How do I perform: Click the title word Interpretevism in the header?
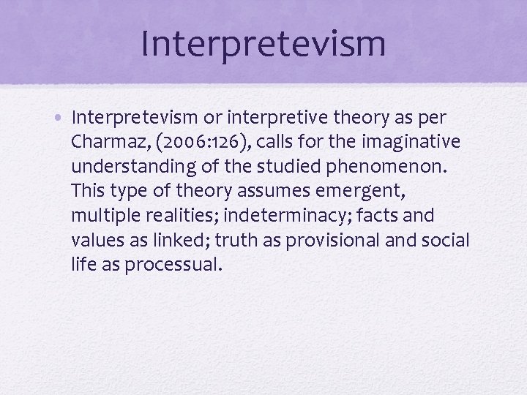(x=263, y=42)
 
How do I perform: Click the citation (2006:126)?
(x=193, y=143)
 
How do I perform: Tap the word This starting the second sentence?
(x=89, y=191)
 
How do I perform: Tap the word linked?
(x=166, y=240)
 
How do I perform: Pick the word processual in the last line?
(x=173, y=265)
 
